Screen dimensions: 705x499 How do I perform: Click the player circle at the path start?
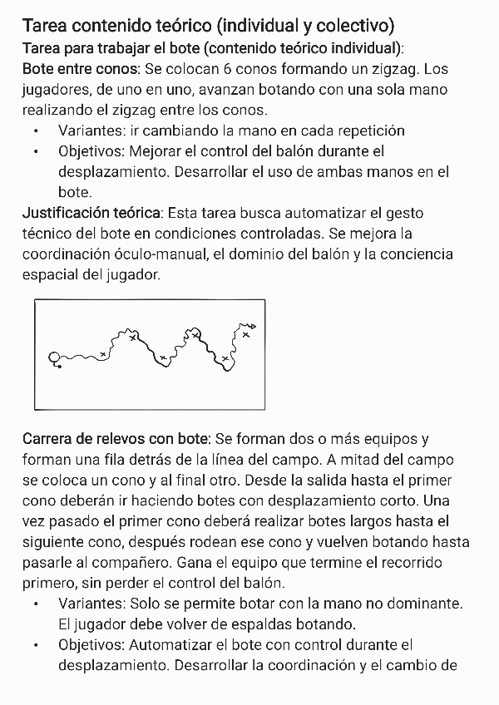56,358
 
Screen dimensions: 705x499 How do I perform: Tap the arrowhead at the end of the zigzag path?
253,325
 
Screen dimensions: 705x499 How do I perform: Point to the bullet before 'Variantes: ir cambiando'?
37,131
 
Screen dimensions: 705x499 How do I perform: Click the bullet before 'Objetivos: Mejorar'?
37,152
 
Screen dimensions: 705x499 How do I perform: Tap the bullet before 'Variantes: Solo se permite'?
37,603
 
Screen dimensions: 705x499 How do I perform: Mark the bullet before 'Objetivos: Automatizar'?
37,644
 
